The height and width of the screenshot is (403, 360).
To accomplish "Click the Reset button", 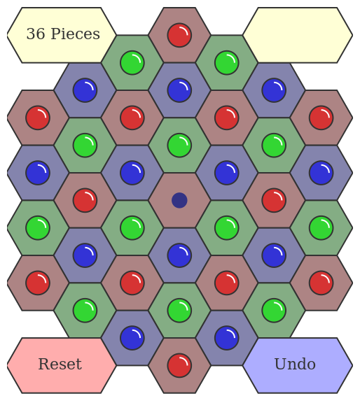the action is [x=62, y=365].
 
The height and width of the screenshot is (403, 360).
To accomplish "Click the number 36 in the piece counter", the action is [x=36, y=34].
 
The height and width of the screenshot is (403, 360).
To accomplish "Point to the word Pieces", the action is [x=75, y=34].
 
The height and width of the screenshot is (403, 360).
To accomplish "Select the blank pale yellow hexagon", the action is [x=298, y=35].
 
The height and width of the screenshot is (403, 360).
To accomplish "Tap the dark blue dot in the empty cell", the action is [x=179, y=200].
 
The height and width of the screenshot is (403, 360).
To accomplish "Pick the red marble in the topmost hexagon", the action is [x=179, y=35].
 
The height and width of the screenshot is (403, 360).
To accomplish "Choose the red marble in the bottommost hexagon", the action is [x=179, y=365].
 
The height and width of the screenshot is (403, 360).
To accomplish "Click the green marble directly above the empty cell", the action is [x=179, y=146].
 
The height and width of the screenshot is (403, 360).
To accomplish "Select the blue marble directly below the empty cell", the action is [x=179, y=255].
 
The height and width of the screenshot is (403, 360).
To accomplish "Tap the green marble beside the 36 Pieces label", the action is [x=132, y=63].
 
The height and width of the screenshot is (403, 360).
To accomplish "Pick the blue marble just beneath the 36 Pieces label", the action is [x=85, y=90].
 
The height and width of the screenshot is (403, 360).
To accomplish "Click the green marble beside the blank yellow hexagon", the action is [x=227, y=63].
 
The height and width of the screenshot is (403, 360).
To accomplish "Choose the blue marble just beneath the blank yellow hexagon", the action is [x=274, y=90].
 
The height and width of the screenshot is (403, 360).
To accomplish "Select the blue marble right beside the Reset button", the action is [x=132, y=338].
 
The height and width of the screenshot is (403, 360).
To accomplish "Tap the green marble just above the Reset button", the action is [x=85, y=311].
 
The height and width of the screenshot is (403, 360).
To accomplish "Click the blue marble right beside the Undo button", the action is [x=227, y=338].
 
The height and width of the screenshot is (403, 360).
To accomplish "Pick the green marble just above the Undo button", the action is [x=274, y=311].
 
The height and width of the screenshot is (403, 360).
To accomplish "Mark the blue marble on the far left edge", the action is [x=38, y=173].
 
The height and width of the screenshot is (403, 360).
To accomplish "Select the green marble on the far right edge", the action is [x=321, y=228].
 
